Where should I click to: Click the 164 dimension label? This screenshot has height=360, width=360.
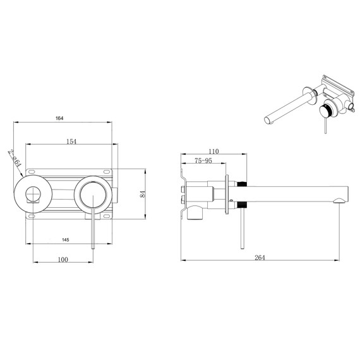coord(59,118)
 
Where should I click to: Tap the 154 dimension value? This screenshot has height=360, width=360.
coord(71,141)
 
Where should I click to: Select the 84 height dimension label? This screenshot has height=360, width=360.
coord(143,194)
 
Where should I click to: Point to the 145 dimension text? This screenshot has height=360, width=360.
coord(66,240)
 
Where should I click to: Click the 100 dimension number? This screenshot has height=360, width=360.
coord(63,260)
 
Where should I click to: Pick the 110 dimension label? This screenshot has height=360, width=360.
coord(213,152)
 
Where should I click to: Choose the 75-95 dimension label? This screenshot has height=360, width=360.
coord(203,160)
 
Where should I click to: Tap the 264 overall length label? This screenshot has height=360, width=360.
coord(260,258)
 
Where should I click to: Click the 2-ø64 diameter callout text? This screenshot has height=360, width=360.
coord(15,158)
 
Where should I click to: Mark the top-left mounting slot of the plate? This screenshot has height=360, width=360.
coord(31,172)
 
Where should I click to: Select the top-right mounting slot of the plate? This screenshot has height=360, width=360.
coord(106,172)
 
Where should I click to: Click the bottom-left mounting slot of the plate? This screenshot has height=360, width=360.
coord(31,216)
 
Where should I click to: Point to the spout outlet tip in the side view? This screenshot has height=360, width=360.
coord(339,201)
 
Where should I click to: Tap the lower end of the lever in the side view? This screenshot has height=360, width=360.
coord(243,249)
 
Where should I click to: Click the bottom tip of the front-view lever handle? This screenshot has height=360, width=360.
coord(93,248)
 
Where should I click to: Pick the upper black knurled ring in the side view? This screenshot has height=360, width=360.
coord(242,184)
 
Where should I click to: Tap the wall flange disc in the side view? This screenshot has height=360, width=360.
coord(227,195)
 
